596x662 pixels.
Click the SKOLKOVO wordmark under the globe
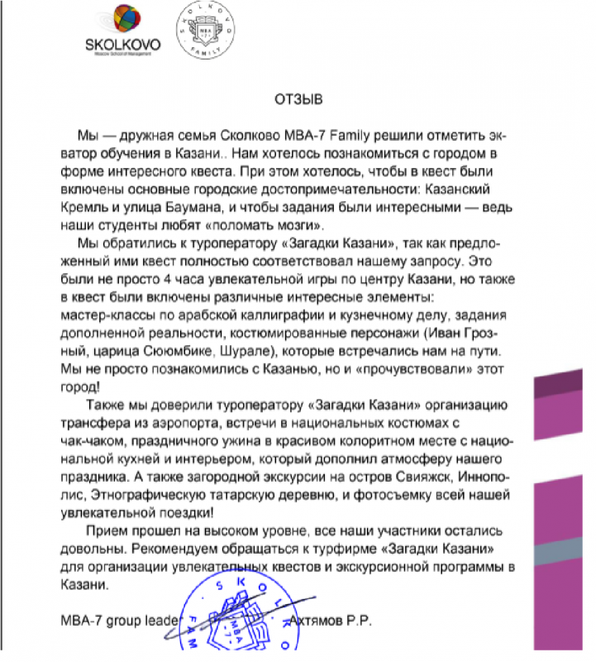(x=122, y=44)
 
